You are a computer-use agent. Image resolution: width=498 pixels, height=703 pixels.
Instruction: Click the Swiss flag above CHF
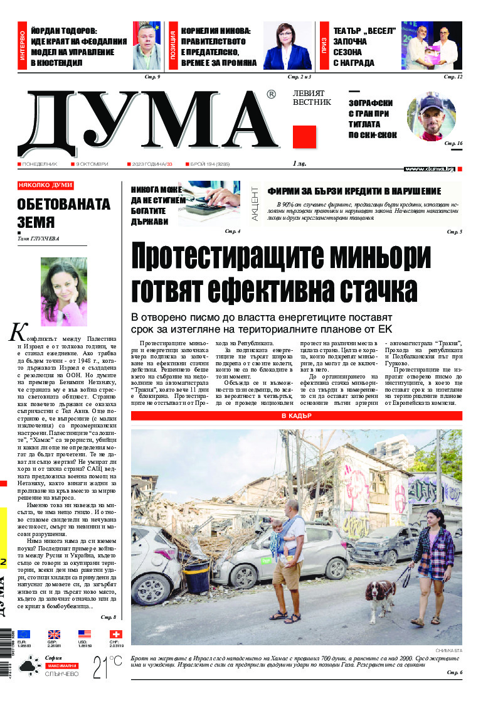pos(115,635)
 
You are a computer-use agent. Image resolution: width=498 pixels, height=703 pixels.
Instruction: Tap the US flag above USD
pos(85,635)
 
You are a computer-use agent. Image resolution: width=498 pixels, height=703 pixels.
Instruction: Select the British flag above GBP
pos(54,635)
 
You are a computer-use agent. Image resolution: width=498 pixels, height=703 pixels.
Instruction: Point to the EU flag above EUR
pos(24,635)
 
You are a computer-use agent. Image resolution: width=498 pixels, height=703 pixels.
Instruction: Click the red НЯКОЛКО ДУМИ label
pos(45,186)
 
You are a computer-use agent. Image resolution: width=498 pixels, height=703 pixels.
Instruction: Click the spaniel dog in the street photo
pos(380,594)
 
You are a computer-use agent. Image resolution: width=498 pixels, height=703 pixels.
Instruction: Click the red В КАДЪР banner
pos(297,416)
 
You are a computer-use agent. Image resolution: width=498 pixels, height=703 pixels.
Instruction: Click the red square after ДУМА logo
pos(304,137)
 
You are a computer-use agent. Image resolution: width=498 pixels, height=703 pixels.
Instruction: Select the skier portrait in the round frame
pos(431,117)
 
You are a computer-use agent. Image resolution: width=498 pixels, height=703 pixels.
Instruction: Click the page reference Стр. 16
pos(453,144)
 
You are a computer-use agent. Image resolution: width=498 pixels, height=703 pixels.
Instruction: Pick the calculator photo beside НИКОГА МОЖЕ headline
pos(209,203)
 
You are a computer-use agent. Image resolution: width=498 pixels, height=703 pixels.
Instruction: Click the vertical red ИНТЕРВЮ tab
pos(23,45)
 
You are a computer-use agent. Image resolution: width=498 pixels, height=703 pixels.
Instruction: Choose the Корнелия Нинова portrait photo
pos(287,45)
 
